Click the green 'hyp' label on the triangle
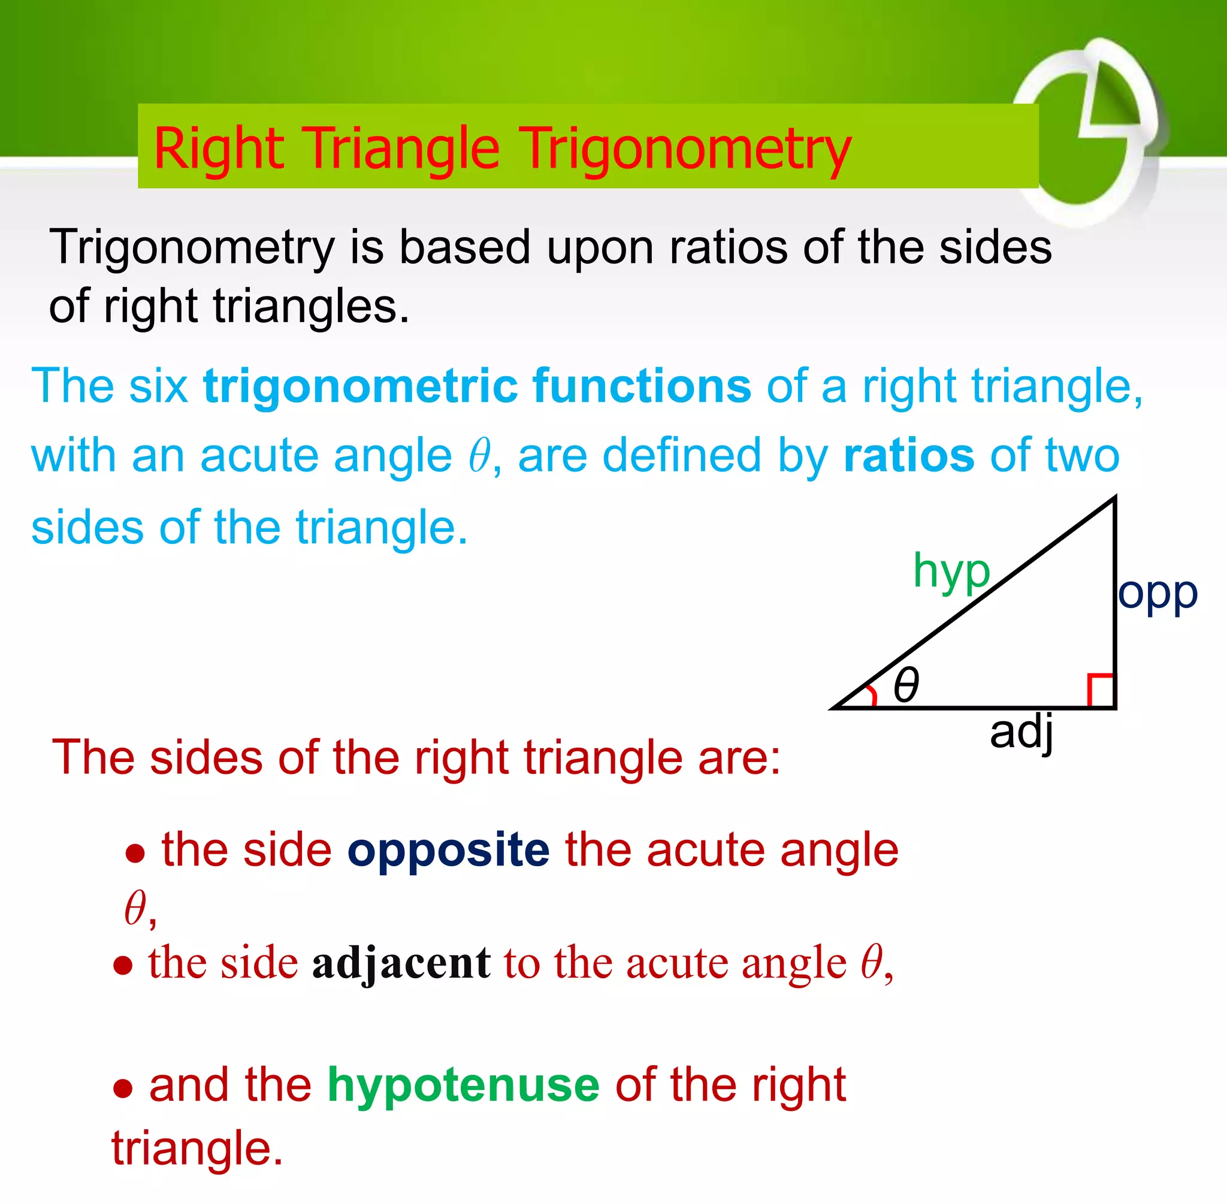[x=951, y=571]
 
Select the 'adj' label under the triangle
[x=1021, y=732]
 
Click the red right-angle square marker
[x=1101, y=691]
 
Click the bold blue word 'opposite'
[x=448, y=849]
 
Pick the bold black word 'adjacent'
[x=401, y=963]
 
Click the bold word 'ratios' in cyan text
[x=909, y=455]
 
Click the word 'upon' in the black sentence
[x=600, y=248]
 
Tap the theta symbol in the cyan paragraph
[x=479, y=455]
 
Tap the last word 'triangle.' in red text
[x=197, y=1148]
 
